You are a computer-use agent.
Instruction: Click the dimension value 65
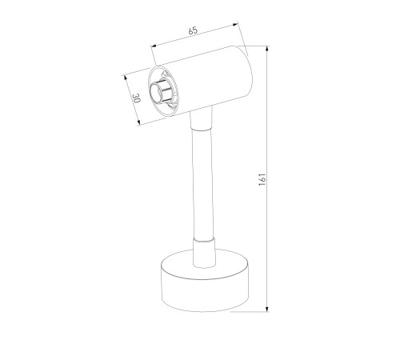tap(193, 30)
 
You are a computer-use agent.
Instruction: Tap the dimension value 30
tap(136, 98)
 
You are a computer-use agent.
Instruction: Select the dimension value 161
tap(262, 179)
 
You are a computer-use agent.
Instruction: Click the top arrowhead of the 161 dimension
tap(267, 49)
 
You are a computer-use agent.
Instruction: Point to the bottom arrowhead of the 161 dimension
tap(267, 309)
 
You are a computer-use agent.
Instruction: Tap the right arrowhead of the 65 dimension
tap(235, 25)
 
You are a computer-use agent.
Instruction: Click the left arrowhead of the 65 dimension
tap(154, 46)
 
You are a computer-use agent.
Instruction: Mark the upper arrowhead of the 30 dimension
tap(124, 78)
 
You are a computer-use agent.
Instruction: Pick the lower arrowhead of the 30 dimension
tap(138, 122)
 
